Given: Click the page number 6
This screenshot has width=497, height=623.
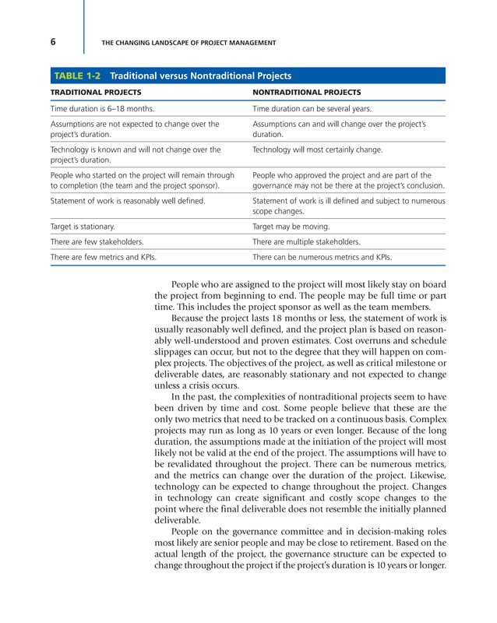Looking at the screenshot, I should click(x=54, y=42).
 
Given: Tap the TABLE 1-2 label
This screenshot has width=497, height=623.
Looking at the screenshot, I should click(x=77, y=76).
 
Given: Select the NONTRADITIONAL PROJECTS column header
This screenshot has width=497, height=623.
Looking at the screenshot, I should click(x=307, y=92).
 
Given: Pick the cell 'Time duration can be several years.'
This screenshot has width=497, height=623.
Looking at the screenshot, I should click(x=312, y=108).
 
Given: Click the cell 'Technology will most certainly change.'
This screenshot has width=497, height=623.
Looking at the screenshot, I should click(x=318, y=148).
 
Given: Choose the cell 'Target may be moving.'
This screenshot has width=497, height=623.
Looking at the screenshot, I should click(x=287, y=227).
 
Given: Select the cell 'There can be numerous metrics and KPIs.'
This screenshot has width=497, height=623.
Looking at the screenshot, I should click(x=323, y=256).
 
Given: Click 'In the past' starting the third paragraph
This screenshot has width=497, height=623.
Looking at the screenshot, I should click(x=195, y=397).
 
